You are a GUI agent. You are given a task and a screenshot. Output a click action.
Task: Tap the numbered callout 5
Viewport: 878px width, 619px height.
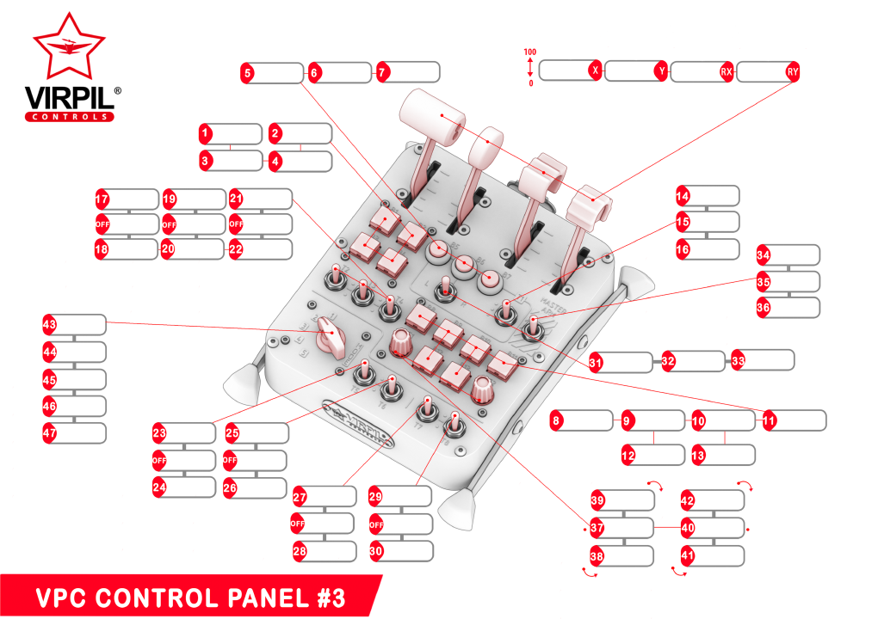click(x=248, y=74)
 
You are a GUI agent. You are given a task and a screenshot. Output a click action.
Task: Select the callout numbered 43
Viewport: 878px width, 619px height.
click(x=49, y=324)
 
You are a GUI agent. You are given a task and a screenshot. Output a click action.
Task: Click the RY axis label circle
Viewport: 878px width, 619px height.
click(x=792, y=72)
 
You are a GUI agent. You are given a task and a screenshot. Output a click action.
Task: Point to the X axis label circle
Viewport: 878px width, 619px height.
click(x=594, y=71)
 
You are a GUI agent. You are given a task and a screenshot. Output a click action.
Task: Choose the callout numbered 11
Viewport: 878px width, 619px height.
click(x=769, y=421)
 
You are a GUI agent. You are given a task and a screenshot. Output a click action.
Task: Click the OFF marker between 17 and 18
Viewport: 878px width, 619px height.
click(x=102, y=224)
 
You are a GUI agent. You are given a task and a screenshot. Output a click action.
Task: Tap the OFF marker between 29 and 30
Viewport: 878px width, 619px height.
click(x=376, y=523)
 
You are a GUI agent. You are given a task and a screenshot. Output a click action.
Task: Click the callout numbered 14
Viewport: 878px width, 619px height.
click(x=683, y=195)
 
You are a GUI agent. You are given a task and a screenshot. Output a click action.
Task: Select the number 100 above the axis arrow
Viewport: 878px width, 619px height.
click(x=530, y=52)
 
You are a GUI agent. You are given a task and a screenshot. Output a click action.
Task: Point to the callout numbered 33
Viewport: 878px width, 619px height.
click(x=738, y=359)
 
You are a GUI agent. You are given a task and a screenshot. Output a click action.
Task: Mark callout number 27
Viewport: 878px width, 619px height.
click(x=300, y=497)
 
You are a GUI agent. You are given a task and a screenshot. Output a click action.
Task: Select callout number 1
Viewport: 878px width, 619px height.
click(x=205, y=133)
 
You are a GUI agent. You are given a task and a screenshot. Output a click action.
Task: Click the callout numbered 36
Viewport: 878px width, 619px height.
click(x=764, y=308)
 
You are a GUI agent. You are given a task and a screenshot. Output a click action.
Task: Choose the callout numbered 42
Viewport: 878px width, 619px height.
click(x=688, y=501)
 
